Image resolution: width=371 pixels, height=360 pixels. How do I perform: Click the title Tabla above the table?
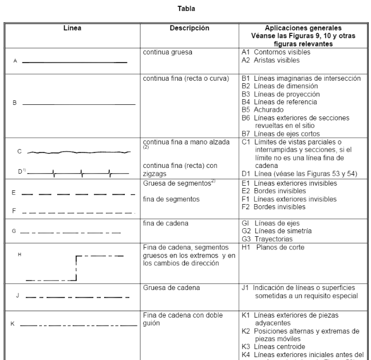[x=185, y=9]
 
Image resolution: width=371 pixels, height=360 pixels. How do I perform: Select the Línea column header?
[x=72, y=28]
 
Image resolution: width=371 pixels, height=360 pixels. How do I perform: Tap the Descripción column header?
[x=190, y=28]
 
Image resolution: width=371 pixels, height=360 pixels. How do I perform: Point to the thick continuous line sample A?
[x=74, y=61]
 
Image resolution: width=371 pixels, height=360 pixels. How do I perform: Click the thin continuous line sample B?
[x=78, y=104]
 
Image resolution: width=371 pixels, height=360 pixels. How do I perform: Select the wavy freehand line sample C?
[x=80, y=152]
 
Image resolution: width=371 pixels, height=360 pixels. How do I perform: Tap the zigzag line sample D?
[x=80, y=171]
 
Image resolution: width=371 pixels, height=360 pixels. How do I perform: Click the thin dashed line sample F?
[x=78, y=212]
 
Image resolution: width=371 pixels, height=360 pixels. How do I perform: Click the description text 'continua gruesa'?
[x=168, y=52]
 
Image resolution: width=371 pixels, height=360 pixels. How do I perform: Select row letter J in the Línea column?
[x=18, y=296]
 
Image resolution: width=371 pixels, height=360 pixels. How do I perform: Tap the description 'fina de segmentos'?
[x=171, y=199]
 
